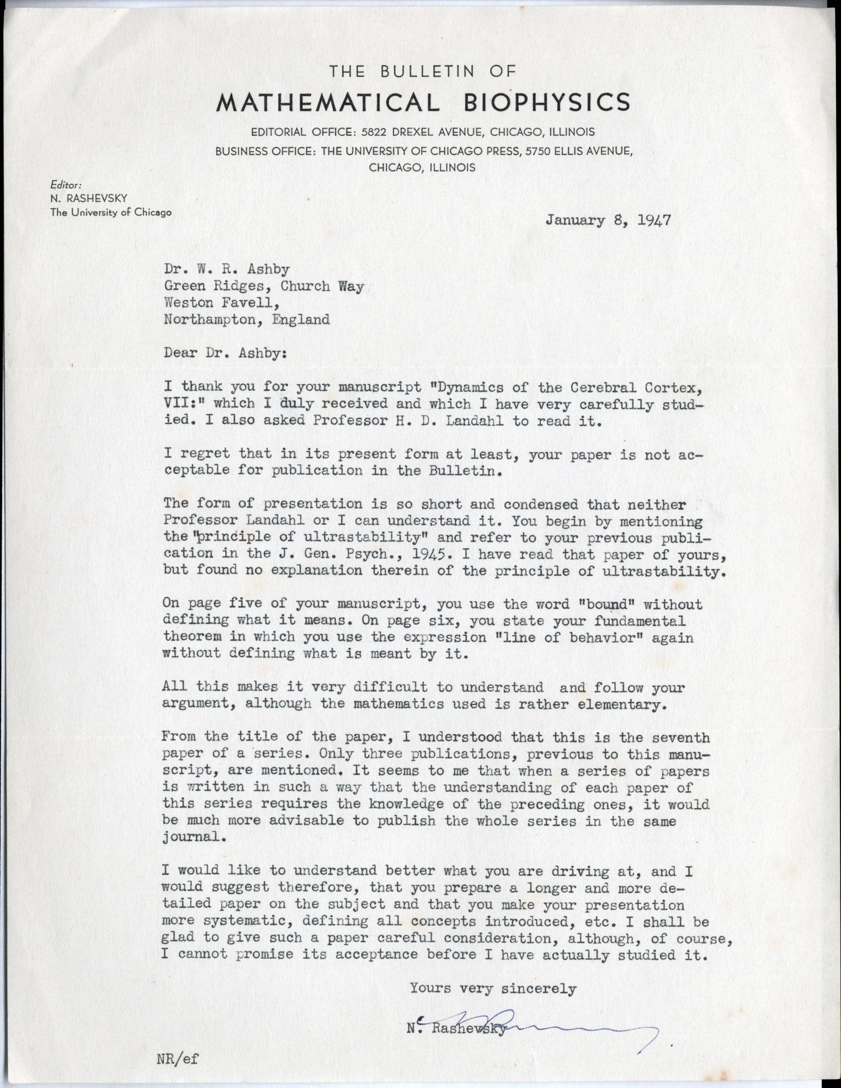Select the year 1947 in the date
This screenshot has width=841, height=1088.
pyautogui.click(x=654, y=220)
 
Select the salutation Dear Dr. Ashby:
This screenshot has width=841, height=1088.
pyautogui.click(x=225, y=353)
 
